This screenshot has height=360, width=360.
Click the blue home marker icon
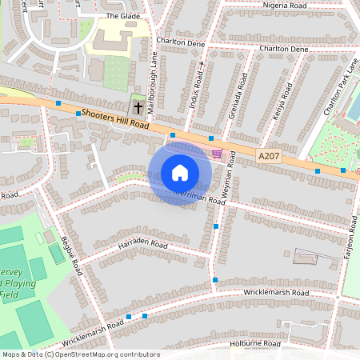coord(180,172)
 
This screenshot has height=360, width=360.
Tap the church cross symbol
coord(138,107)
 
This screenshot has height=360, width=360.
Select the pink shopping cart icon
coord(217,154)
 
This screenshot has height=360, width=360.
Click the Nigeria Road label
coord(285,6)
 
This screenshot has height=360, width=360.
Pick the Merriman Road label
coord(202,196)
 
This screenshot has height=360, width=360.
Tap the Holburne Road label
coord(256,343)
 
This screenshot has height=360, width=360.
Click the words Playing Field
coord(10,289)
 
